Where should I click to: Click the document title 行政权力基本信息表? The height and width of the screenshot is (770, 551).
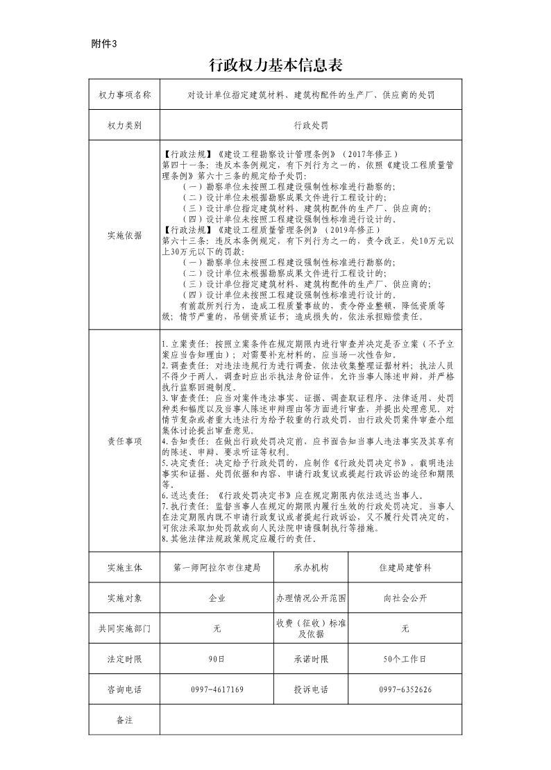(275, 65)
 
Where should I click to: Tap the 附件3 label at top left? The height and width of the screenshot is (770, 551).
(105, 44)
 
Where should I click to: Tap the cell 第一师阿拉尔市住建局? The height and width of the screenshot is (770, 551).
(217, 567)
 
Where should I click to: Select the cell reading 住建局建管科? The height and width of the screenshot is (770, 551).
(405, 567)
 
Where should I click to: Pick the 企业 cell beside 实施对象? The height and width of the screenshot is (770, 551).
(217, 598)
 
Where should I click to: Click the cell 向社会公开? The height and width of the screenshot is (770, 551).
(405, 598)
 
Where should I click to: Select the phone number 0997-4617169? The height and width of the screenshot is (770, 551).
(217, 689)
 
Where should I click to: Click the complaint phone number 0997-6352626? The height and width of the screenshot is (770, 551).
(405, 689)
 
